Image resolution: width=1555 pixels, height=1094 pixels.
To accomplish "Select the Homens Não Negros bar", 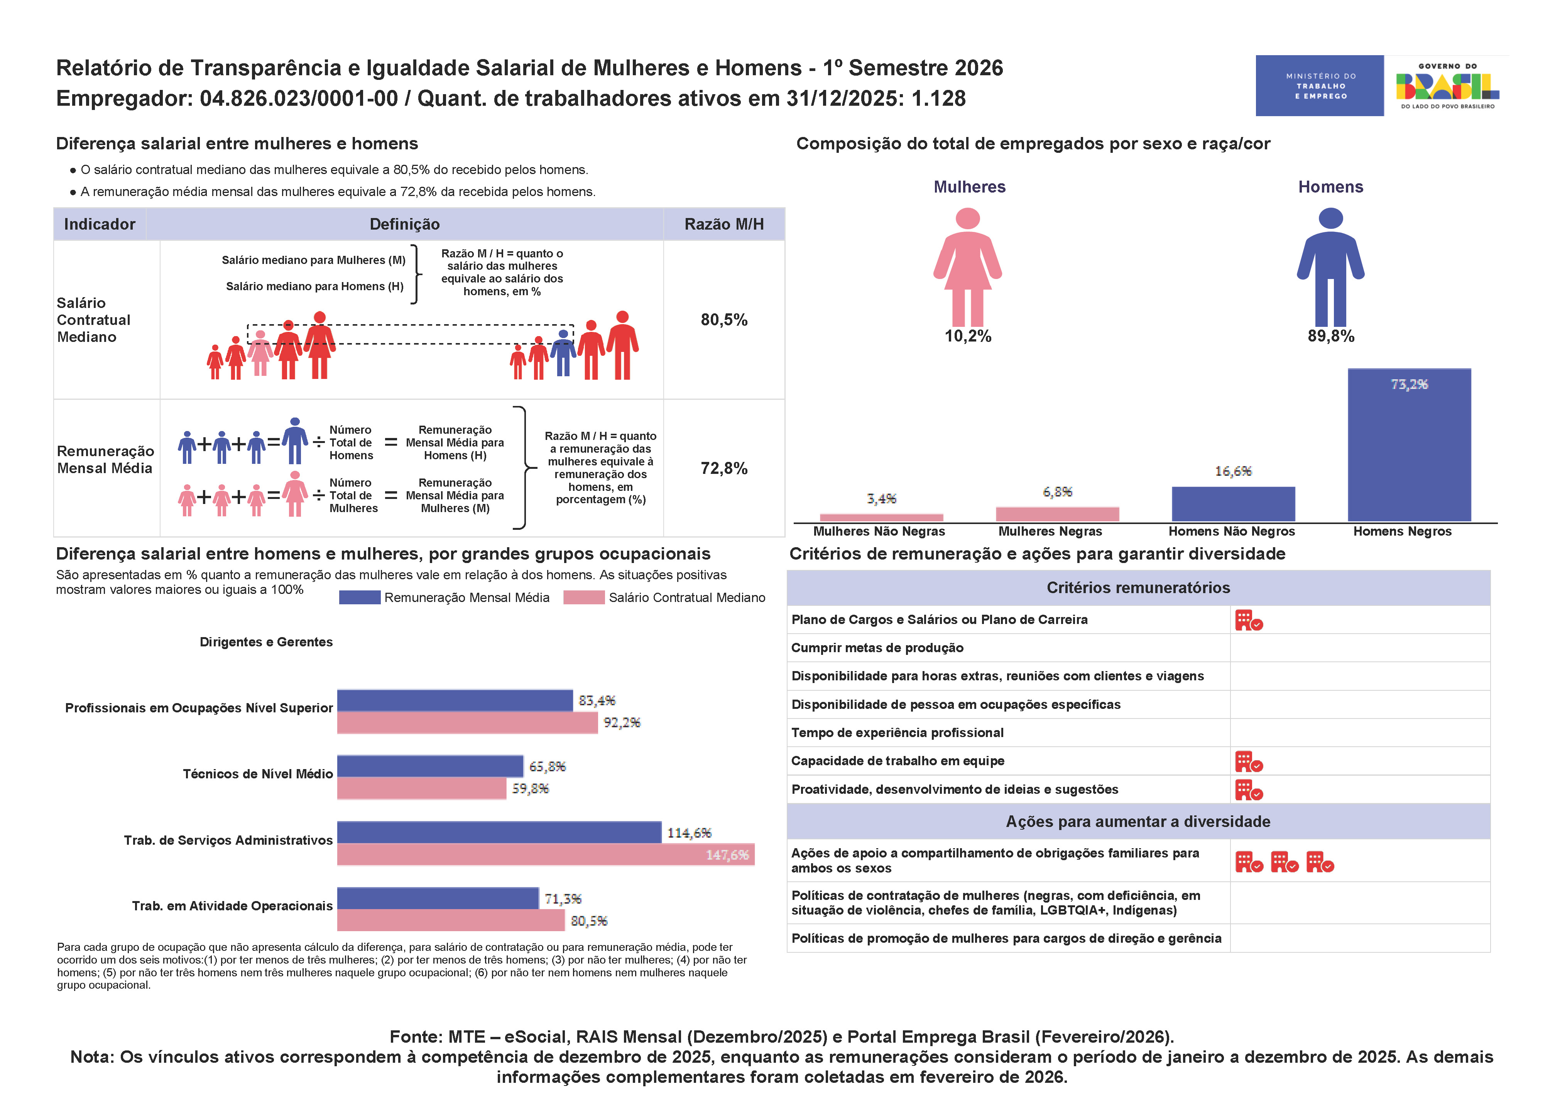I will point(1233,504).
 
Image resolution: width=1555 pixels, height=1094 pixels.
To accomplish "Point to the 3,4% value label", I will point(881,499).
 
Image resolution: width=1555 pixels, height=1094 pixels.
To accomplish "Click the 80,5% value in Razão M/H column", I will point(723,320).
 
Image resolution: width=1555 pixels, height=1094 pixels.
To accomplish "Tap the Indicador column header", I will point(100,224).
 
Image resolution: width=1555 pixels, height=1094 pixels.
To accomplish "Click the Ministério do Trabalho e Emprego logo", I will point(1319,86).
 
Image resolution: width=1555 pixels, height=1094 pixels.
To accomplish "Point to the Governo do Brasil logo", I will point(1447,86).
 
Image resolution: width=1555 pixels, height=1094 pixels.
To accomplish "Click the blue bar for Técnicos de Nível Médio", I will point(430,766).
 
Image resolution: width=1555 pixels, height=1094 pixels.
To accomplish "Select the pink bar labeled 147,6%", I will point(545,854).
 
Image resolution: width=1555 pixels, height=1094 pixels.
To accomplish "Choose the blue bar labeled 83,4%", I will point(455,700).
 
